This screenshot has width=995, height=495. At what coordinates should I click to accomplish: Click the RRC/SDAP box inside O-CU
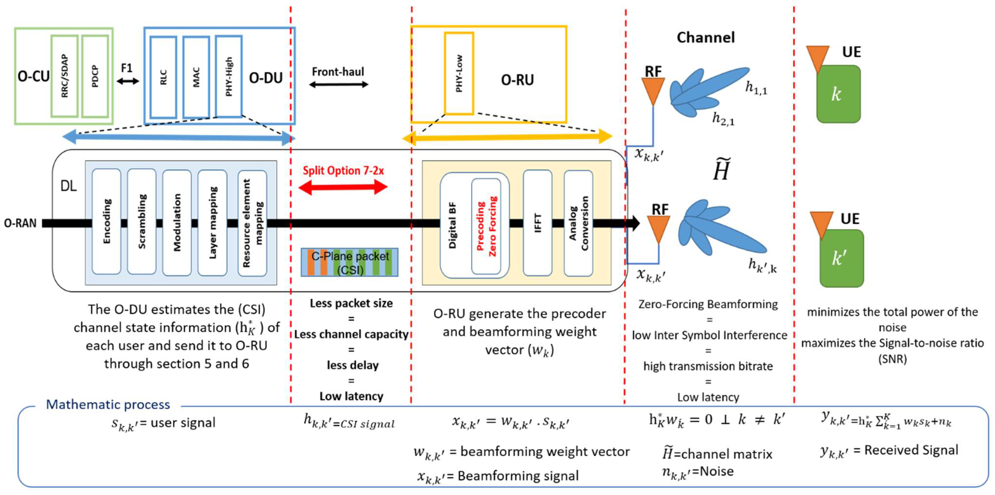click(x=64, y=76)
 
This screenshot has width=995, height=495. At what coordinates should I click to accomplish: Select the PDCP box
click(x=95, y=76)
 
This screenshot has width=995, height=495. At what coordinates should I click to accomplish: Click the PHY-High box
click(x=229, y=76)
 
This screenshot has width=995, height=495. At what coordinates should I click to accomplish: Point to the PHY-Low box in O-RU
click(x=459, y=73)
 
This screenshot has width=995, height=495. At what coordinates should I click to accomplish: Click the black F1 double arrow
click(x=127, y=81)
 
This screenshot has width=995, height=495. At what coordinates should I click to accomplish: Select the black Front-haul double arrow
click(x=339, y=84)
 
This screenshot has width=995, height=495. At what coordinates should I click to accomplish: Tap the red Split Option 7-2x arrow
click(x=343, y=187)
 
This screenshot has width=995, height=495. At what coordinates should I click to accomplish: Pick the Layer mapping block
click(x=212, y=222)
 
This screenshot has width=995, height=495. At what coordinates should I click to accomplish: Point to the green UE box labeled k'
click(x=841, y=258)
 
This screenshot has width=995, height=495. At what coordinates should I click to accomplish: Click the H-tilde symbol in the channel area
click(x=721, y=170)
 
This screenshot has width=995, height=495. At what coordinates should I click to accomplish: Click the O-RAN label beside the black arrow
click(x=20, y=223)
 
